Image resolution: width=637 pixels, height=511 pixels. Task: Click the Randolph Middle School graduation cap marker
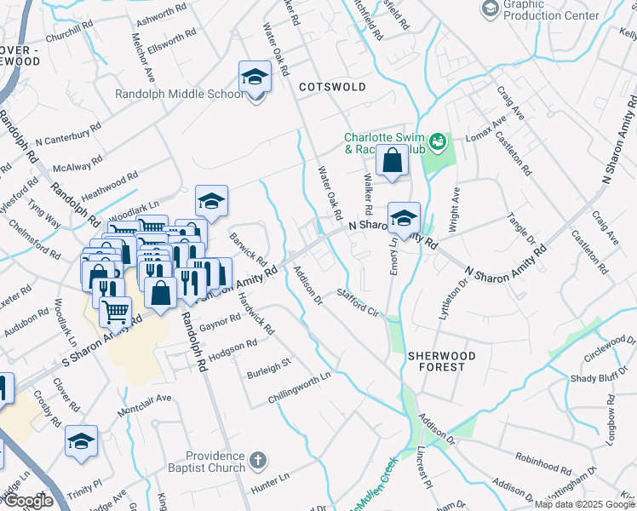pyautogui.click(x=254, y=78)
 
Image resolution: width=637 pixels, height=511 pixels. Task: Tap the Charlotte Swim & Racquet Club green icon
pyautogui.click(x=439, y=141)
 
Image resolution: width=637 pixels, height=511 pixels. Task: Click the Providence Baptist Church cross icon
pyautogui.click(x=259, y=462)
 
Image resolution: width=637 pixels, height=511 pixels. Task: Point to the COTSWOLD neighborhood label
pyautogui.click(x=332, y=87)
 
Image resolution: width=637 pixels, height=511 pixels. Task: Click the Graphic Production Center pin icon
pyautogui.click(x=491, y=9)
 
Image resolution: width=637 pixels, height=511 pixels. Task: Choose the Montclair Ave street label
pyautogui.click(x=144, y=399)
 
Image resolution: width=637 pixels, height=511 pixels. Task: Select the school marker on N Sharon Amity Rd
pyautogui.click(x=404, y=217)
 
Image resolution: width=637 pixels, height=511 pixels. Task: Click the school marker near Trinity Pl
pyautogui.click(x=82, y=441)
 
